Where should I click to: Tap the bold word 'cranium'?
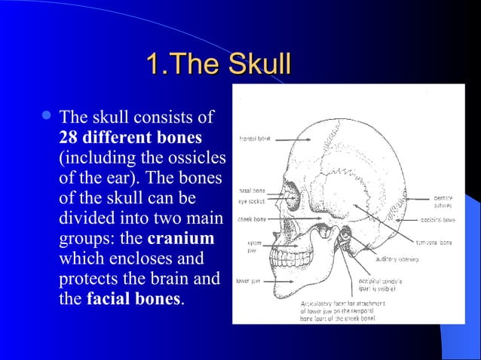(x=181, y=239)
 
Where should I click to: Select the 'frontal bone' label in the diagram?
(x=256, y=139)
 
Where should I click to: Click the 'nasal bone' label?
(x=250, y=191)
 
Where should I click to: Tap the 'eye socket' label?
(x=251, y=201)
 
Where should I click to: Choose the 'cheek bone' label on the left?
(x=252, y=219)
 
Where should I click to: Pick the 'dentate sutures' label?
(x=443, y=201)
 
